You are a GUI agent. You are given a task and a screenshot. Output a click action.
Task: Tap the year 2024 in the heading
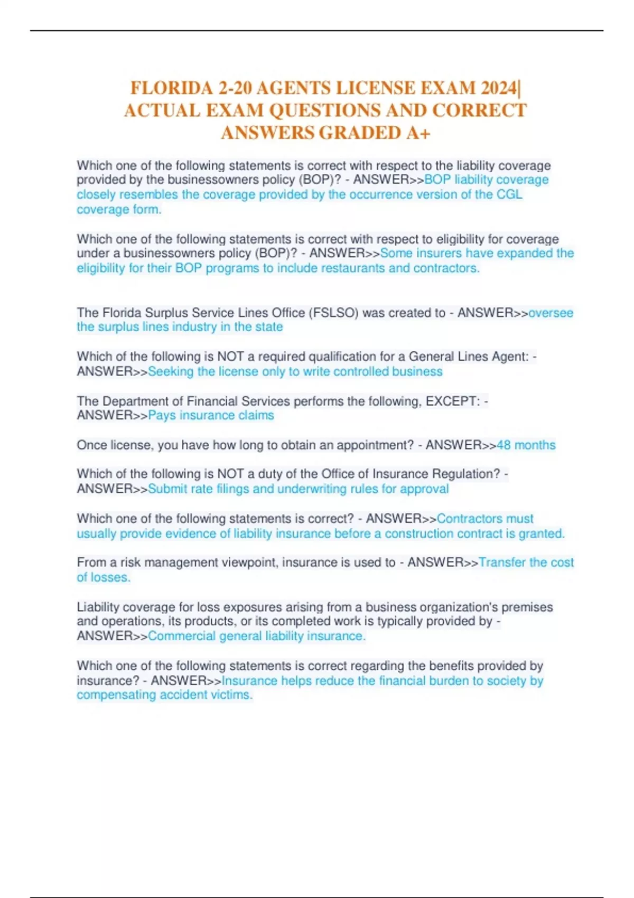[499, 88]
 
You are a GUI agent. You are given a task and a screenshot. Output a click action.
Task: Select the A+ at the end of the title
[418, 133]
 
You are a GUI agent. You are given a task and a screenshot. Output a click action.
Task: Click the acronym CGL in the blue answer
[509, 194]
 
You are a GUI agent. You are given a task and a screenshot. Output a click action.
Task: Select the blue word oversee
[551, 313]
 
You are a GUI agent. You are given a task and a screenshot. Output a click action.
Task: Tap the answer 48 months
[526, 445]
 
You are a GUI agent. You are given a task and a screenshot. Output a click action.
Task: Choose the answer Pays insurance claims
[211, 415]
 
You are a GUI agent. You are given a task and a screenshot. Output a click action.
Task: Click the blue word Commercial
[181, 636]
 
